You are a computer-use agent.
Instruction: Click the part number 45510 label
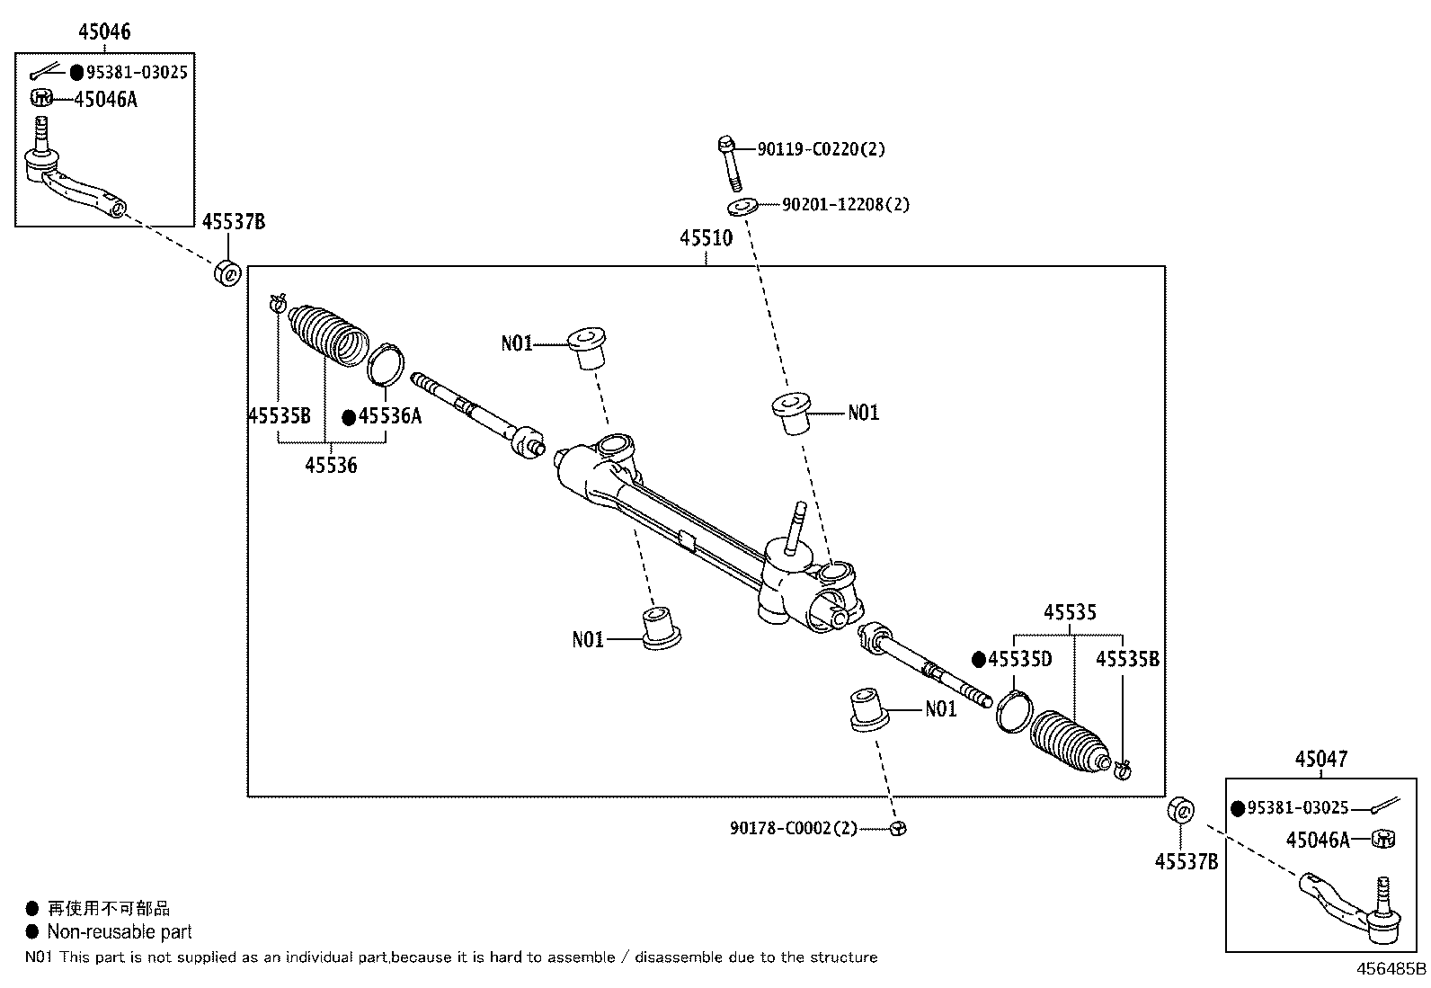(x=706, y=238)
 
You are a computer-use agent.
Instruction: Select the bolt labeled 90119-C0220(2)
(x=730, y=163)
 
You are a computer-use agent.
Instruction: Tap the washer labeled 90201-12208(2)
(x=743, y=207)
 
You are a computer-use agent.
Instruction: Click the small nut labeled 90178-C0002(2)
(x=898, y=828)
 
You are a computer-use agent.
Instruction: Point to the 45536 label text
(x=331, y=466)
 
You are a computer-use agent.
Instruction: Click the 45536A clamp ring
(x=386, y=364)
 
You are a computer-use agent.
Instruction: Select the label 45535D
(x=1019, y=660)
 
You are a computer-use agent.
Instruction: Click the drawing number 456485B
(x=1391, y=969)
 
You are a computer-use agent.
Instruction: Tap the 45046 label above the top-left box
(x=105, y=32)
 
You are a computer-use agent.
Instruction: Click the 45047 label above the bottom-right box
(x=1321, y=760)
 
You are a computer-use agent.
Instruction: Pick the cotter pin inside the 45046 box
(x=43, y=71)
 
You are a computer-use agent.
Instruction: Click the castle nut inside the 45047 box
(x=1383, y=839)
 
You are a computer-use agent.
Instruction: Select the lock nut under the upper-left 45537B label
(x=227, y=273)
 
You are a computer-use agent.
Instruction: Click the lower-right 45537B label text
(x=1187, y=862)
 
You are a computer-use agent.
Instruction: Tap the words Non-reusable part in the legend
(x=120, y=931)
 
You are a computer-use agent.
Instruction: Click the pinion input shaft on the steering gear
(x=796, y=528)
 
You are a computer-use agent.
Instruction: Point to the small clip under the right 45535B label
(x=1123, y=770)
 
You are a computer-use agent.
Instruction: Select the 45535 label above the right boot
(x=1070, y=612)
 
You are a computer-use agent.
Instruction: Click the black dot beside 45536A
(x=349, y=418)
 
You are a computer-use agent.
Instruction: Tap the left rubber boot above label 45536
(x=328, y=336)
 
